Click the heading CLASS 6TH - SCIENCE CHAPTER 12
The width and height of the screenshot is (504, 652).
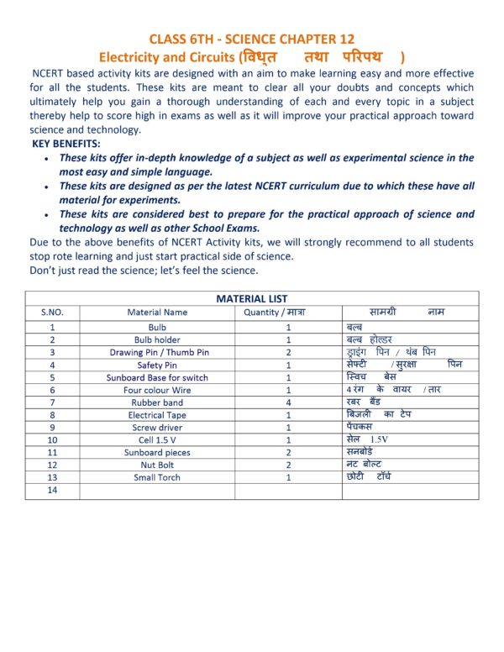[252, 39]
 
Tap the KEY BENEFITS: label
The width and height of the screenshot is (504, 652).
[66, 145]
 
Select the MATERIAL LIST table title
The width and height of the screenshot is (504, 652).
[252, 298]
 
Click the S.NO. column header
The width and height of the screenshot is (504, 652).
[52, 312]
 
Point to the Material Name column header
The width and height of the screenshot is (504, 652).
[157, 312]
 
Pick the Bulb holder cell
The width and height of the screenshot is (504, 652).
[157, 339]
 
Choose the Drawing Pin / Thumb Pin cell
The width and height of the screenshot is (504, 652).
[157, 352]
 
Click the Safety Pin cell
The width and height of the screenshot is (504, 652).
[157, 365]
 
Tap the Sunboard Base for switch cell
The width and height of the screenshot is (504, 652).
[157, 377]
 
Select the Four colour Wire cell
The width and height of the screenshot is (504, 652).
[157, 390]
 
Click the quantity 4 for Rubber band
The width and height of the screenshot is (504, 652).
[288, 402]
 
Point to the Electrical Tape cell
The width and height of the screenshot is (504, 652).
[157, 415]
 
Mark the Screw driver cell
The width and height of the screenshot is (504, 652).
[157, 428]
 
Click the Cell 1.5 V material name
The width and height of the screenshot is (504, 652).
[157, 439]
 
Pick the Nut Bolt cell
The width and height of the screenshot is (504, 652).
[157, 465]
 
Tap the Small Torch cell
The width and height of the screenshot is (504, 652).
[157, 477]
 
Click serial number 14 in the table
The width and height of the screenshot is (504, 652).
[52, 491]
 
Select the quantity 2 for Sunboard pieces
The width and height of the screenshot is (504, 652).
[288, 452]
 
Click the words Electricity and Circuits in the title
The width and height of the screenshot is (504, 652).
[166, 57]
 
